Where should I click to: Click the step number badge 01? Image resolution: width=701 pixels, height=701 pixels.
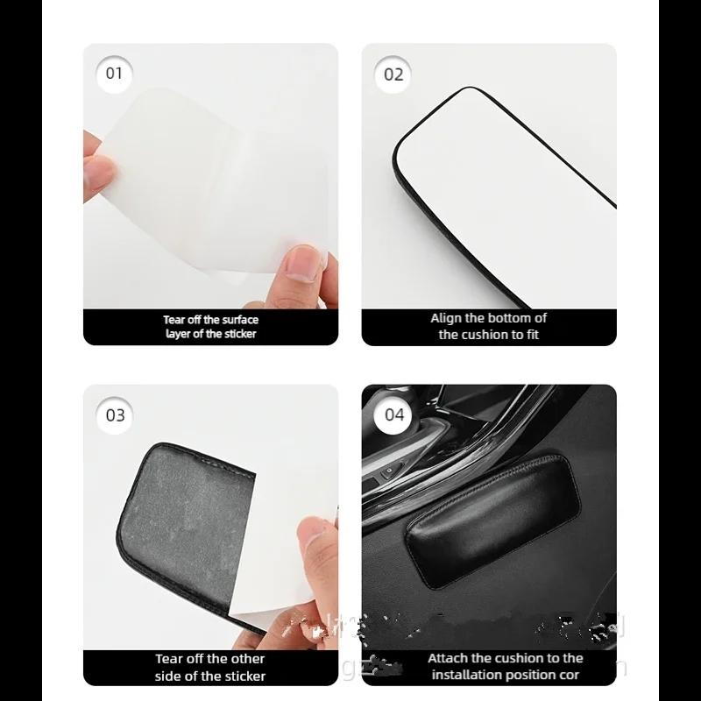coord(115,73)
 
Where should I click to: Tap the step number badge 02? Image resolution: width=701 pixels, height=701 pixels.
coord(394,74)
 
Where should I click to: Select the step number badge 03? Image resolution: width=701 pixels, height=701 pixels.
coord(116,415)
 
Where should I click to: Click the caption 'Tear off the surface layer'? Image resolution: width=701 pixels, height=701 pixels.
coord(210,327)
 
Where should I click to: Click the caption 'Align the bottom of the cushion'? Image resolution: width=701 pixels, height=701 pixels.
coord(488,326)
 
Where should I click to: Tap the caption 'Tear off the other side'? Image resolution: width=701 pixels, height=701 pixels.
coord(210,667)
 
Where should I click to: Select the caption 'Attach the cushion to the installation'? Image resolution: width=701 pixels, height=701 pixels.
coord(504,666)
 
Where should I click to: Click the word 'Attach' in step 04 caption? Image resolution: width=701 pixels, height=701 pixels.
coord(447,658)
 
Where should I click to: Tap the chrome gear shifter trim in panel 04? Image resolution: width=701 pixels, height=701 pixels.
coord(491,421)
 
